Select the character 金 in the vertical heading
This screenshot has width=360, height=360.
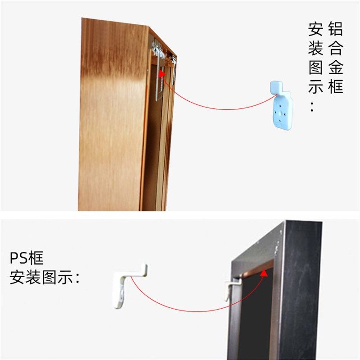[335, 67]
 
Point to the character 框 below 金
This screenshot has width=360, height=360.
[335, 86]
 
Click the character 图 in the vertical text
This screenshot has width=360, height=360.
[315, 67]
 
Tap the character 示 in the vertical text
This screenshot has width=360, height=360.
[315, 86]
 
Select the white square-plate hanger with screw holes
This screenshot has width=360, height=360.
[282, 112]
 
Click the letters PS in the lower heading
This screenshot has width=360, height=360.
[18, 258]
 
